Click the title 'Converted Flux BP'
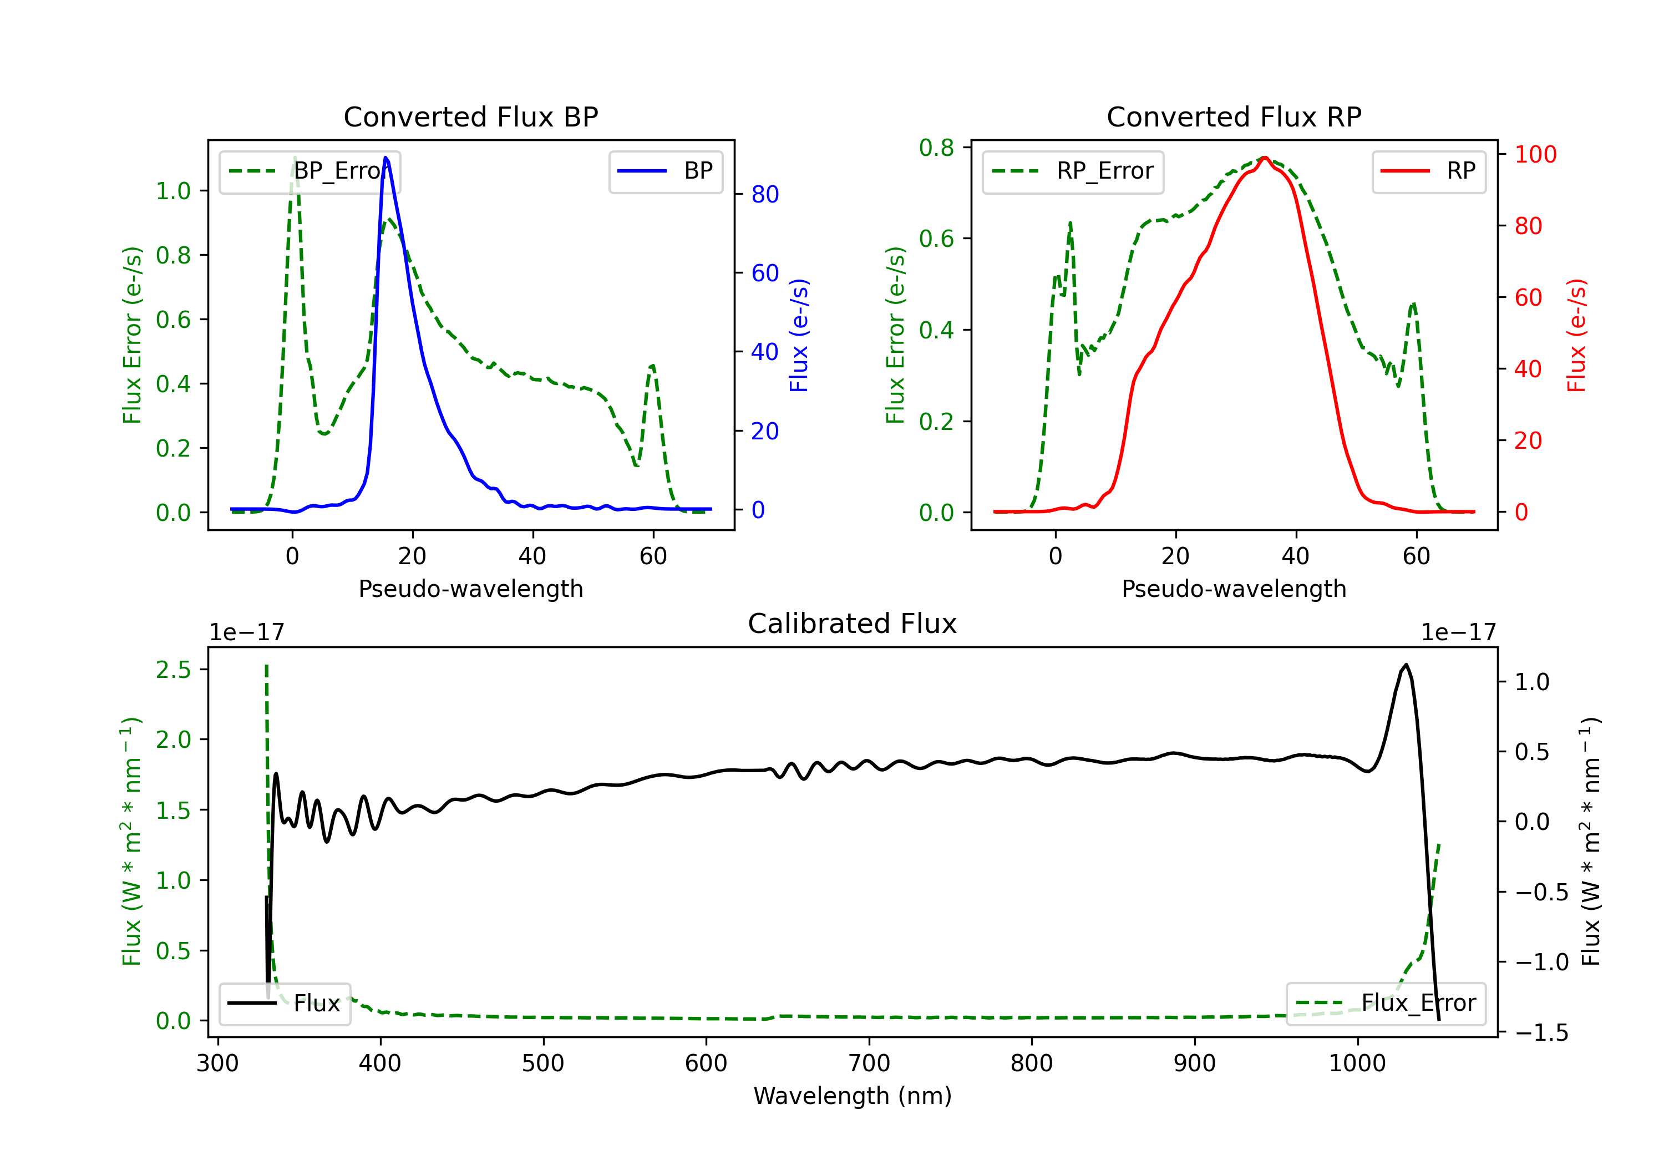[471, 116]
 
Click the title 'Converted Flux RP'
[1234, 116]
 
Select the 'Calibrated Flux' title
[853, 624]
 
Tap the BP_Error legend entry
[310, 171]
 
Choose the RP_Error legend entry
[1073, 171]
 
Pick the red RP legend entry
[1428, 171]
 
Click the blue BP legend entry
[665, 171]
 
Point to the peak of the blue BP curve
[385, 158]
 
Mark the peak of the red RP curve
[1264, 158]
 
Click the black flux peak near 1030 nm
[1406, 664]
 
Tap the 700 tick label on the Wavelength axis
[869, 1063]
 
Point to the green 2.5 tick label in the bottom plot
[173, 670]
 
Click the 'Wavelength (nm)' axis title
[853, 1096]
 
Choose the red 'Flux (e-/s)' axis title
[1577, 335]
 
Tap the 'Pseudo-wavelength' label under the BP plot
[471, 589]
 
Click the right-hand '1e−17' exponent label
[1459, 633]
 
